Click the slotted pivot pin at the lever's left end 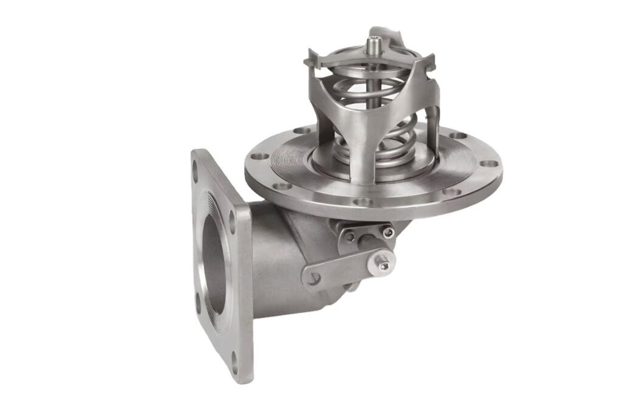click(x=313, y=278)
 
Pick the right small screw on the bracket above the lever click(x=387, y=232)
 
